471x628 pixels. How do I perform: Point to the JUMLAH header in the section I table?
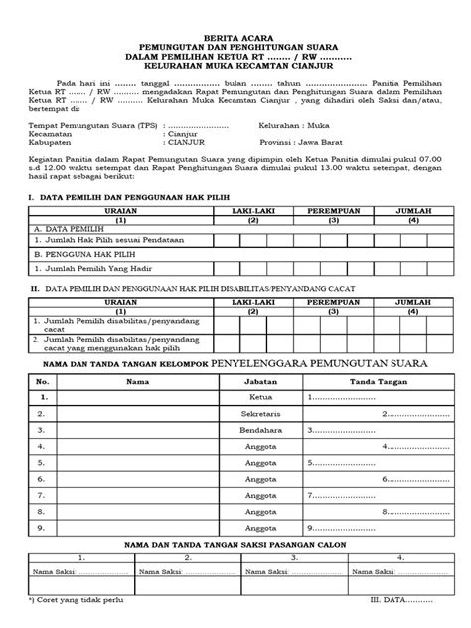click(x=407, y=213)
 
